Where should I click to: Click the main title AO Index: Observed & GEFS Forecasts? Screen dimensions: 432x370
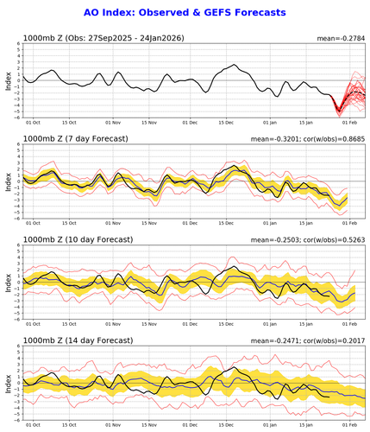click(185, 13)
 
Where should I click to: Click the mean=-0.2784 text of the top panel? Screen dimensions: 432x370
click(342, 38)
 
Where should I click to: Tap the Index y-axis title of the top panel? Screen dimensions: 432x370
click(8, 81)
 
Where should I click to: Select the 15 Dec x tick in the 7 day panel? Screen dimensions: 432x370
click(228, 224)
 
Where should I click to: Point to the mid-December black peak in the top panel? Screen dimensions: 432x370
click(235, 66)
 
